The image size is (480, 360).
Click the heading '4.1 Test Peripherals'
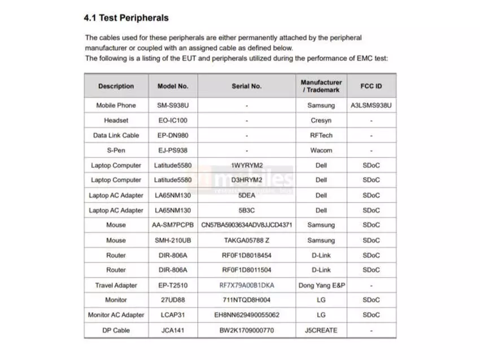click(126, 18)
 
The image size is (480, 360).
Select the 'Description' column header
click(116, 86)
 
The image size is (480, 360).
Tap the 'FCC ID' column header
click(371, 86)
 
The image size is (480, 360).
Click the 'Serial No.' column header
click(247, 86)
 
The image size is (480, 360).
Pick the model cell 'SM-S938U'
click(173, 106)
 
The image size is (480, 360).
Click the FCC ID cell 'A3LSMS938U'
click(371, 106)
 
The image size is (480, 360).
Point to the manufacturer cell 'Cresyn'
click(321, 121)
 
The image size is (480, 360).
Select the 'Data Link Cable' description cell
click(116, 135)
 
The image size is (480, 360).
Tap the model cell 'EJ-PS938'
click(173, 151)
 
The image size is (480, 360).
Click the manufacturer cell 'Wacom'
click(321, 151)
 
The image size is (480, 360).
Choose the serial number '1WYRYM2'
click(247, 165)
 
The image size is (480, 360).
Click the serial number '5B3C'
click(247, 210)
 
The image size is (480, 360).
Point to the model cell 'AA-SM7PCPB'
click(173, 225)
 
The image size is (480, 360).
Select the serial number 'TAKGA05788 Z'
click(247, 240)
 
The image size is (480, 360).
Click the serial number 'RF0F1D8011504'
click(247, 270)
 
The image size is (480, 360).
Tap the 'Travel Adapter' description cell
click(116, 286)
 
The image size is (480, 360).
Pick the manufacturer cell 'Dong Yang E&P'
click(321, 286)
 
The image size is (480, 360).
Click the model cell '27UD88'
click(173, 300)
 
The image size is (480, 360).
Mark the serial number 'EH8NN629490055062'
click(247, 315)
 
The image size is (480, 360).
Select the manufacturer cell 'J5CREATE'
click(321, 330)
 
